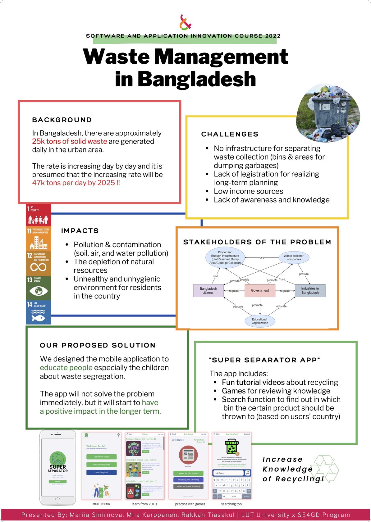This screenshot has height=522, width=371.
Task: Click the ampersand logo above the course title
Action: [185, 22]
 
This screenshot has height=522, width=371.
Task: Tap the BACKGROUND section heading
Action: [62, 120]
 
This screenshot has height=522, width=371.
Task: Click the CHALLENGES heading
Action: [230, 134]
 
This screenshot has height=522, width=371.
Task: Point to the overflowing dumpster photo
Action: [328, 112]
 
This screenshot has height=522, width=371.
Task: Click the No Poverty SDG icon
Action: [38, 215]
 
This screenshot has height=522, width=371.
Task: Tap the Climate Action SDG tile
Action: [38, 288]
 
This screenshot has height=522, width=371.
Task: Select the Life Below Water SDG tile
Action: [38, 312]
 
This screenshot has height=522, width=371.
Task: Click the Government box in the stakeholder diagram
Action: [260, 291]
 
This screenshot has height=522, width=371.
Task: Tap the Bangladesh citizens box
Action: [208, 291]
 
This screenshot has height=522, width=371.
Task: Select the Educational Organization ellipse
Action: [260, 321]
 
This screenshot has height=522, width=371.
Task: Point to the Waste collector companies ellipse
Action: [294, 257]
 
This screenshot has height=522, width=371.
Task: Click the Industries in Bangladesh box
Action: [310, 291]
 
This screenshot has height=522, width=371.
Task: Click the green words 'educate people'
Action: [66, 368]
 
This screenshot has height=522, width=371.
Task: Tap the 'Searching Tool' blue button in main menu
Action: [101, 472]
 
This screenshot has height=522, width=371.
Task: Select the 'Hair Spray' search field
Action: [228, 473]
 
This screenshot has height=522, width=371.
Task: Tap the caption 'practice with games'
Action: [190, 504]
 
